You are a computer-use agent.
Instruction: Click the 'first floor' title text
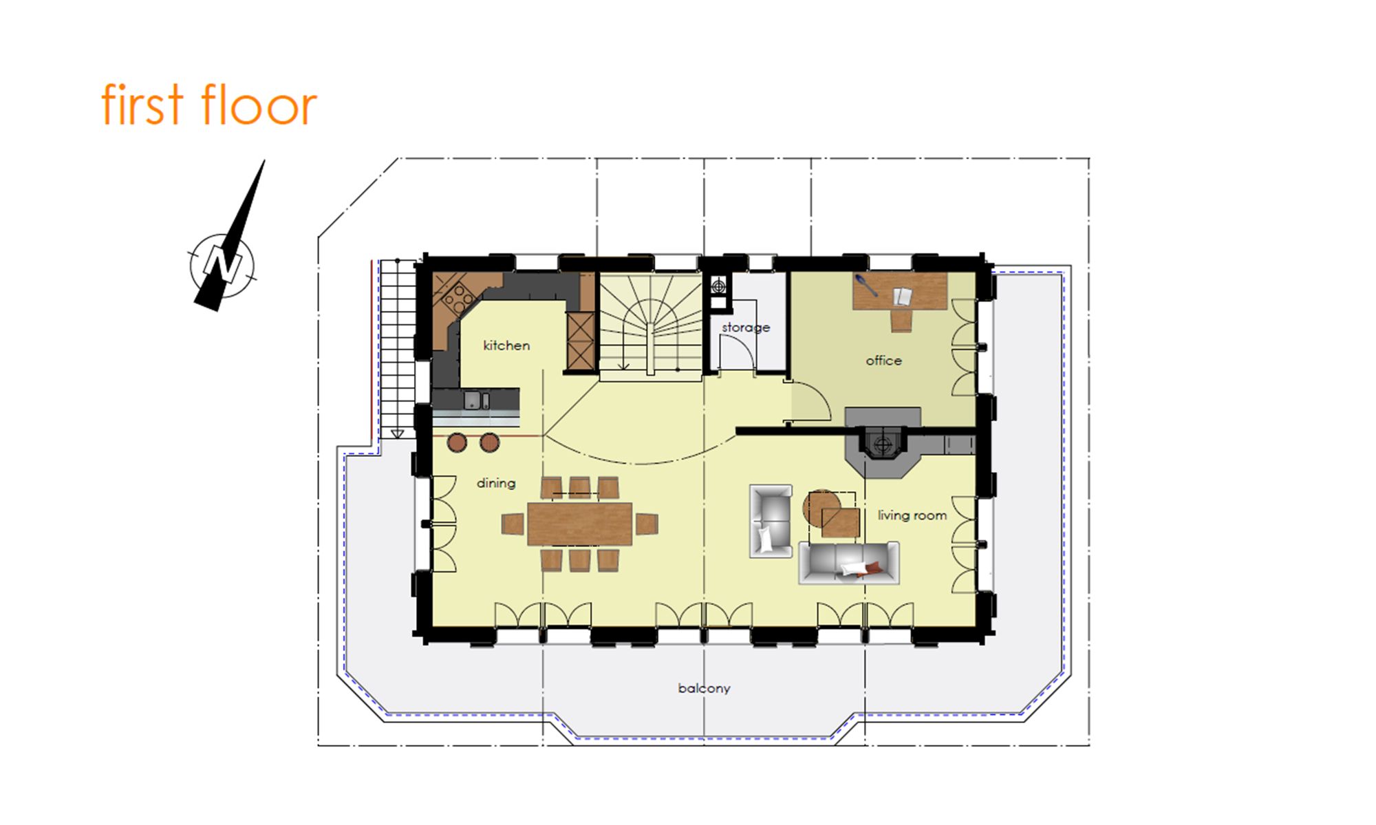tap(209, 105)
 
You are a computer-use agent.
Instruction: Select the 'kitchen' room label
tap(506, 345)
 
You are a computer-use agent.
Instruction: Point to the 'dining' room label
tap(496, 483)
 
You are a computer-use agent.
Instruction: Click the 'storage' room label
tap(746, 328)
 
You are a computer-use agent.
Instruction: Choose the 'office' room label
tap(883, 361)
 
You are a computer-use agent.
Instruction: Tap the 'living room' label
tap(912, 515)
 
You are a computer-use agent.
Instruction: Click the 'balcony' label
tap(704, 688)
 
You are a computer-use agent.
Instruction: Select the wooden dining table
tap(579, 524)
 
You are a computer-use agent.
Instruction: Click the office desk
tap(900, 292)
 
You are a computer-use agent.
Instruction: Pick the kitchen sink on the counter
tap(476, 400)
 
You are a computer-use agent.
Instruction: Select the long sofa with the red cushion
tap(849, 563)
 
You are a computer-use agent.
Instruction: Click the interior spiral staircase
tap(651, 323)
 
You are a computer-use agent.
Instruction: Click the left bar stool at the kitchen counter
tap(457, 442)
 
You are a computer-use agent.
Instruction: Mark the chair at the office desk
tap(901, 321)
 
